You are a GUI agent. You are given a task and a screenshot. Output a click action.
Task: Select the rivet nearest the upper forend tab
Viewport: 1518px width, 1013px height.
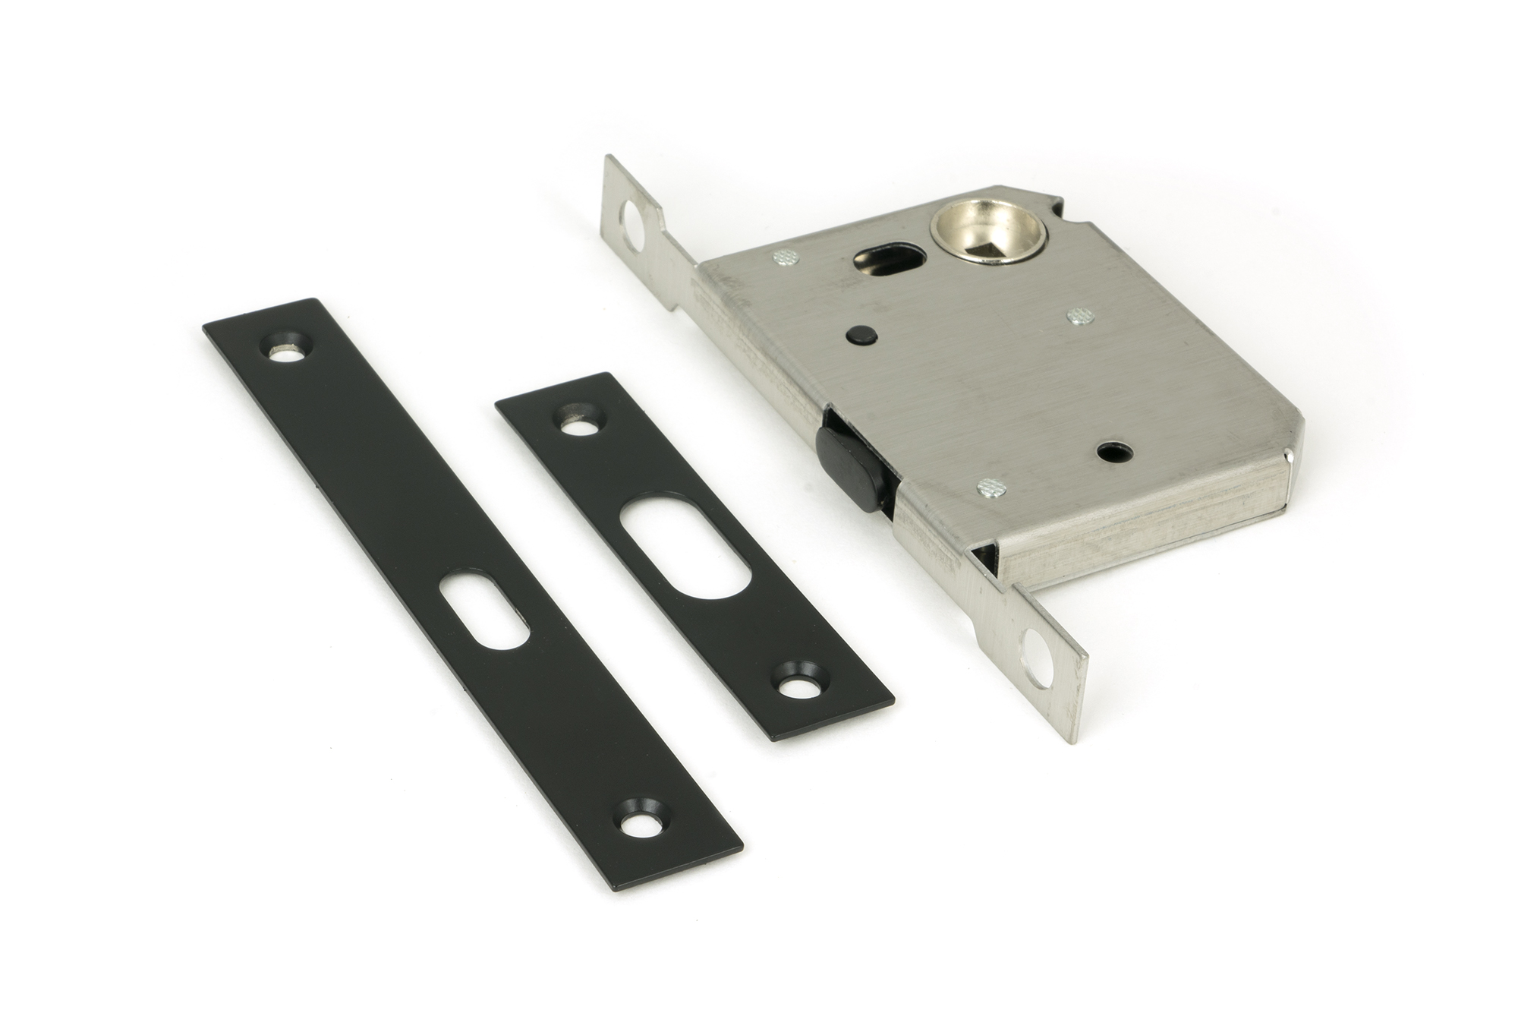tap(785, 259)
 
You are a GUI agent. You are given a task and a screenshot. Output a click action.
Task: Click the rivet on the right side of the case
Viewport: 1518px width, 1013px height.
tap(1080, 316)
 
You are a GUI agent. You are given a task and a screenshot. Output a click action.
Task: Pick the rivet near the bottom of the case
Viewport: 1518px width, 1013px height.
tap(992, 487)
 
